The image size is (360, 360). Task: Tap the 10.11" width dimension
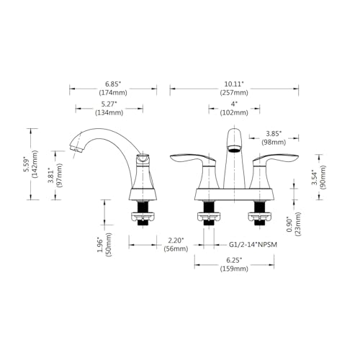coord(233,84)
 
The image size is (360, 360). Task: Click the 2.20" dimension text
coord(176,240)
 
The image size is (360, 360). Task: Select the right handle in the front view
coord(274,160)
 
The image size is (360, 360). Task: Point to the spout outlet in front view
coord(233,150)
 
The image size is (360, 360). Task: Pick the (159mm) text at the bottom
coord(233,269)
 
